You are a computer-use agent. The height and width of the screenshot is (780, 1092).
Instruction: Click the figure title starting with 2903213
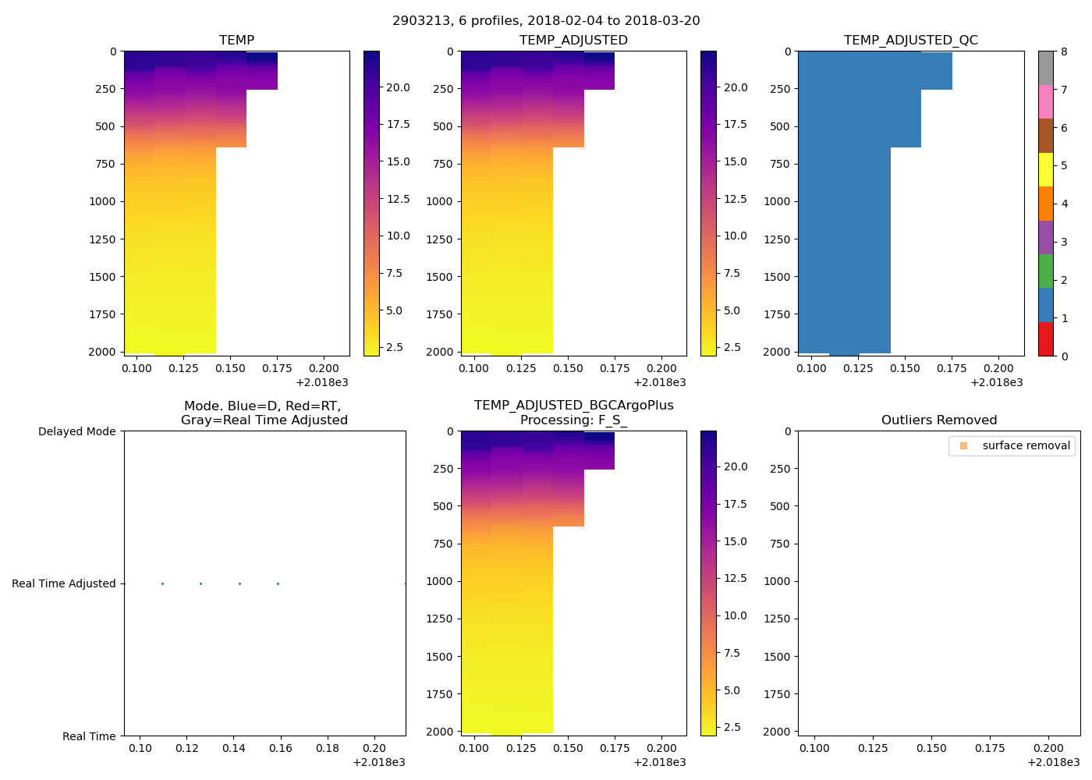[546, 21]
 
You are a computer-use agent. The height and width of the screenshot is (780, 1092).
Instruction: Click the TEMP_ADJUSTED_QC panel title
[910, 41]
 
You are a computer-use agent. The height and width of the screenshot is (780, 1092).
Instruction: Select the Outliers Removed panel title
[939, 420]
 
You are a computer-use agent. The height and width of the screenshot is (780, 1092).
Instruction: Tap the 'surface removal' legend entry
[1026, 446]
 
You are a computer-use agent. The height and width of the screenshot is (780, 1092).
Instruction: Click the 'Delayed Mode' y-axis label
[76, 431]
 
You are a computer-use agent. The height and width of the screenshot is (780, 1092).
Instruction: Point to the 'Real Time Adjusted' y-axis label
[63, 583]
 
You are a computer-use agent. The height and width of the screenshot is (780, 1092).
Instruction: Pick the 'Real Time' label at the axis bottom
[89, 736]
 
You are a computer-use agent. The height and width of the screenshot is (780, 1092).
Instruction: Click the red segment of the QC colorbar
[1045, 339]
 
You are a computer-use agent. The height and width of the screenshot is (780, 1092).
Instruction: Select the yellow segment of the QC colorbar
[1045, 170]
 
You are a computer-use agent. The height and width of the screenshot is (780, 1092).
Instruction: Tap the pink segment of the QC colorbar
[1045, 102]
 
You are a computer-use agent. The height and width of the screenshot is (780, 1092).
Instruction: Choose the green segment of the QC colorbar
[1045, 271]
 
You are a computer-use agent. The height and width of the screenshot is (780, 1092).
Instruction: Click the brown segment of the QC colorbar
[1045, 136]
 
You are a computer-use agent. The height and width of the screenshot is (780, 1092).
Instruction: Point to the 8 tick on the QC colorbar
[1064, 51]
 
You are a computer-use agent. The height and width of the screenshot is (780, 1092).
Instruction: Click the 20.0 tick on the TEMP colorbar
[398, 87]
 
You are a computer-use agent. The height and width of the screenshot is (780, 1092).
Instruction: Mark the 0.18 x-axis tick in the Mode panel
[328, 749]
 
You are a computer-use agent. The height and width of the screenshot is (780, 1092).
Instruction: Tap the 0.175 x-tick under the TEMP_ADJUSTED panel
[615, 369]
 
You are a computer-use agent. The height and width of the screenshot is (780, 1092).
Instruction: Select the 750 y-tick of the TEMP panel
[103, 164]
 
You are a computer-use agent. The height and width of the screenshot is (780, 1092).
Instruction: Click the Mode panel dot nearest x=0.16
[278, 583]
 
